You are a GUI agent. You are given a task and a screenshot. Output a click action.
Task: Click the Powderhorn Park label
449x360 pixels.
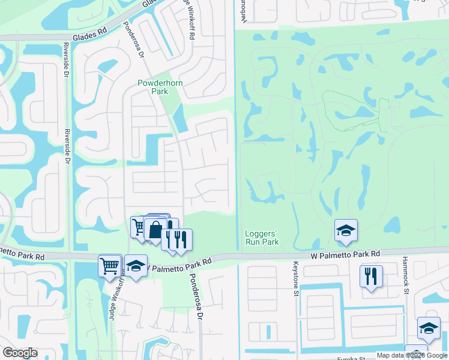point(152,87)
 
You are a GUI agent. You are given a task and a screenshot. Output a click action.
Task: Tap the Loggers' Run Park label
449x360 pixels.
point(262,238)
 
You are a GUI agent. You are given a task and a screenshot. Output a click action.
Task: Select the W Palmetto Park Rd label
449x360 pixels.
point(346,254)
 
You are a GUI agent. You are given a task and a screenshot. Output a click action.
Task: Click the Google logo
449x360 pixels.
point(20,353)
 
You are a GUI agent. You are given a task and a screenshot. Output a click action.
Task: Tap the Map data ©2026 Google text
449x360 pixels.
point(412,355)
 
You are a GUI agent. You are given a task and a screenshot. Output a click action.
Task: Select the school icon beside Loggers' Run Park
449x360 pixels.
point(346,230)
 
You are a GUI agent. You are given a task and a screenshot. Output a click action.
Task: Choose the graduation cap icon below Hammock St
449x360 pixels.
point(429,328)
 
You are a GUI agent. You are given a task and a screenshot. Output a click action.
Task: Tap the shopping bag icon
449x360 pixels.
point(155,230)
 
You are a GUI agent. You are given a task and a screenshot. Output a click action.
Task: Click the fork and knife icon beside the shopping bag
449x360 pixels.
point(179,239)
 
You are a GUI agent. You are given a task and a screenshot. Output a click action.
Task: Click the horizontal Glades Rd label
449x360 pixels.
point(90,37)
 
